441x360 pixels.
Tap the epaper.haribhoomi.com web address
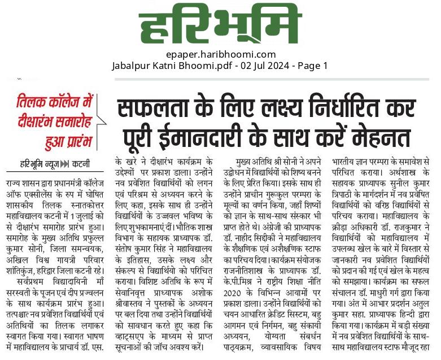(x=221, y=55)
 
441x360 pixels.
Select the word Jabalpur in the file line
(x=131, y=66)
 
